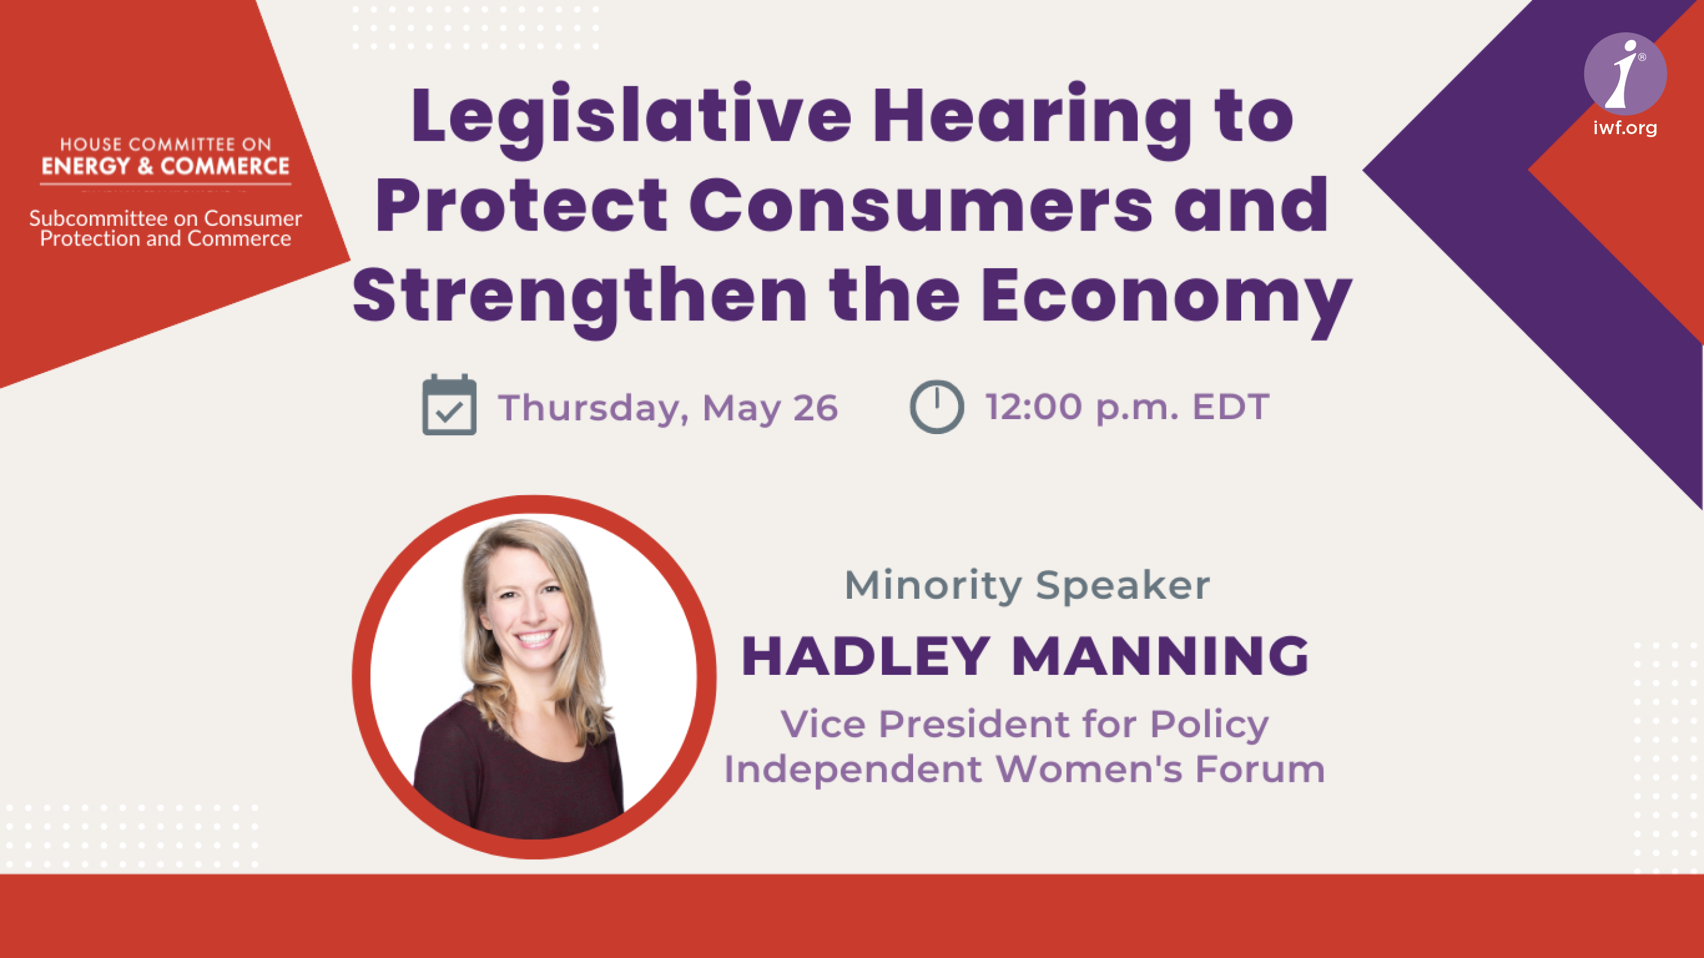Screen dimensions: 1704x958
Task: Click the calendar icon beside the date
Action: [x=449, y=404]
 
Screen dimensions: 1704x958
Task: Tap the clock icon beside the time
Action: [x=936, y=406]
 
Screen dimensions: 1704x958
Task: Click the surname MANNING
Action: [x=1160, y=656]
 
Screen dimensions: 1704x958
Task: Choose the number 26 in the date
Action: [x=815, y=407]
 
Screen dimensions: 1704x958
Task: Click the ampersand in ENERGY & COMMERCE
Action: [x=145, y=165]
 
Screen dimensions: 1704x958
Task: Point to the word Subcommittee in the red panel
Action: [x=99, y=218]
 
